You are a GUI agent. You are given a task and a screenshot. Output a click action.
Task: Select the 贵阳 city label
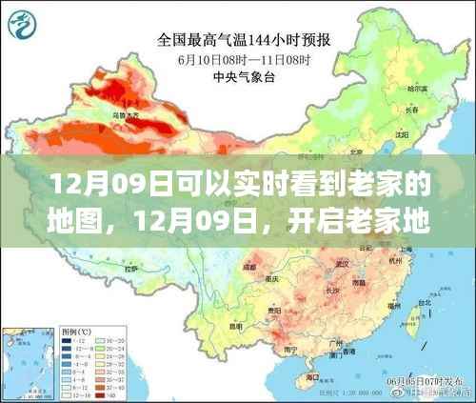[277, 310]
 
